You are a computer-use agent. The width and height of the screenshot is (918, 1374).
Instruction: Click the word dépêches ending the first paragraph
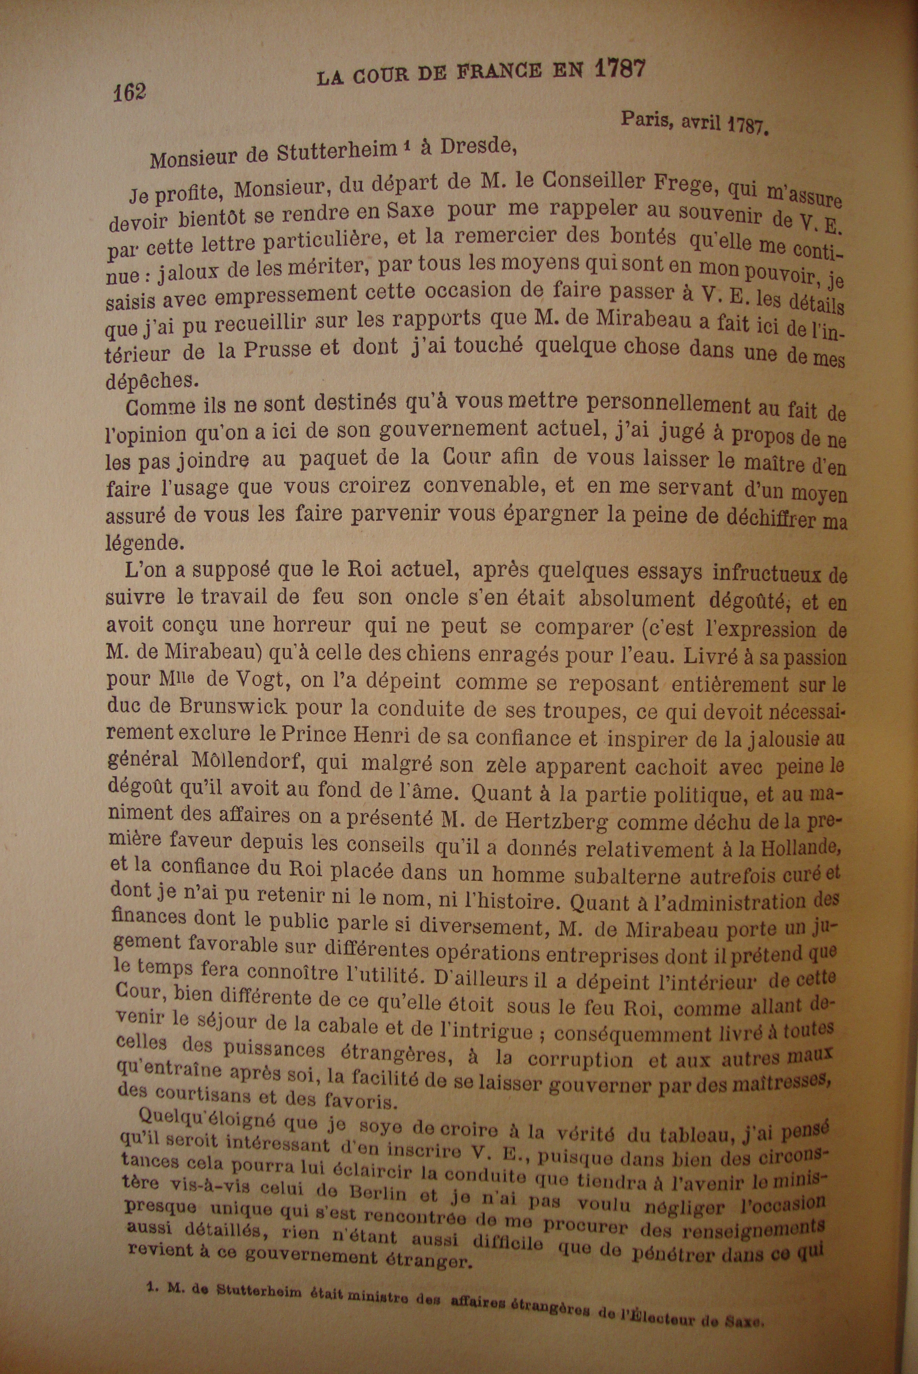(x=151, y=381)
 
